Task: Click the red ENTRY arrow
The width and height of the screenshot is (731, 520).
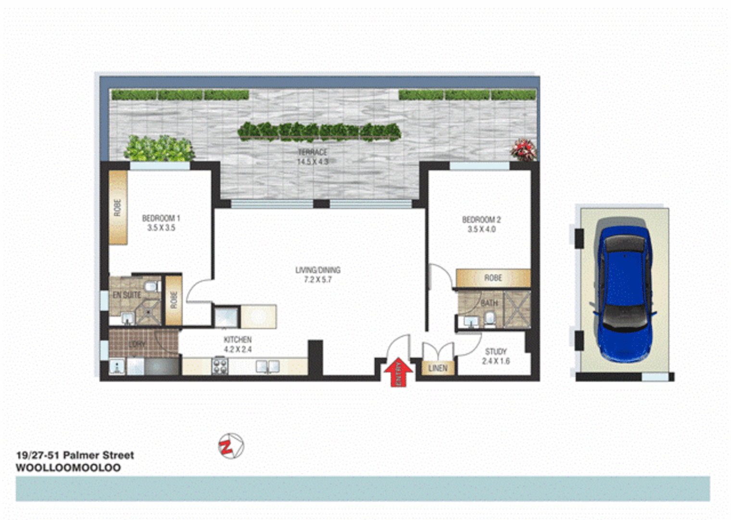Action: click(398, 372)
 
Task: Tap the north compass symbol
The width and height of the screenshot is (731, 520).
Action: click(231, 446)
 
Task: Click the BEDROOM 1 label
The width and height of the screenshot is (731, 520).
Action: click(161, 218)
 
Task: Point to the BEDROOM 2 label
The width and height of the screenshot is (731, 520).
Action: click(481, 220)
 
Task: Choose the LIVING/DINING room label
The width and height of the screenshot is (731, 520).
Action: click(318, 270)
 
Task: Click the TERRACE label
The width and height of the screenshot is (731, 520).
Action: click(312, 152)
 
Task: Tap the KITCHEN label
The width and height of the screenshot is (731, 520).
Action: click(238, 339)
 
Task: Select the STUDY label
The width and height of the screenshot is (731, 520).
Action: click(496, 351)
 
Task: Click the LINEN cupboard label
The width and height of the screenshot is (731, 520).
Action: click(438, 368)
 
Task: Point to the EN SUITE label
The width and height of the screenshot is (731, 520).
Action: click(126, 295)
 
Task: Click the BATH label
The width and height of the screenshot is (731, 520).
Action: click(489, 303)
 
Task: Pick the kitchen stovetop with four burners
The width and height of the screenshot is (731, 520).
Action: click(220, 366)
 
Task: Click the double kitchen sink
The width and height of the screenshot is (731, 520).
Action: click(267, 366)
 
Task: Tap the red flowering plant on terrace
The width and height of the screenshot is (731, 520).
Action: click(524, 149)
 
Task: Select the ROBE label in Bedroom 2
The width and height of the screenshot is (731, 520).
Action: click(493, 278)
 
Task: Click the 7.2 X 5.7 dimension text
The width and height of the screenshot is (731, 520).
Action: click(318, 280)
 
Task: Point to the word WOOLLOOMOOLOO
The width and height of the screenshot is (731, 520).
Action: click(68, 468)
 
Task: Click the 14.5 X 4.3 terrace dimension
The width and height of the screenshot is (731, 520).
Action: click(313, 162)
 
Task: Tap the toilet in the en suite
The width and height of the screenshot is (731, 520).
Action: click(151, 287)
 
